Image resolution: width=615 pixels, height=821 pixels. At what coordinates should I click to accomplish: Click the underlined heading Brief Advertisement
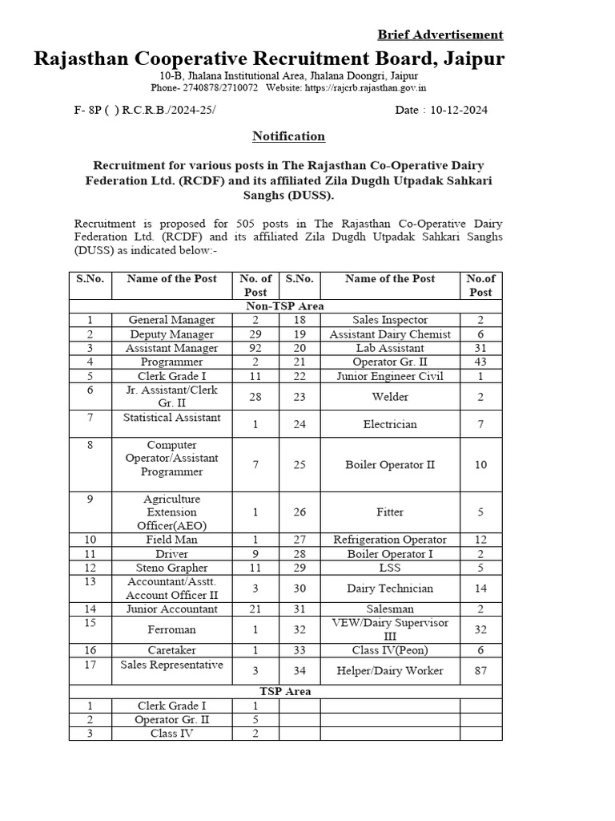tap(440, 34)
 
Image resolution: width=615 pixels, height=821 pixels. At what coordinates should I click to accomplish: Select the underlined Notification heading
tap(288, 136)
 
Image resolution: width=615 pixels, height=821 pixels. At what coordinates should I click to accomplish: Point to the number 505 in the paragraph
tap(248, 224)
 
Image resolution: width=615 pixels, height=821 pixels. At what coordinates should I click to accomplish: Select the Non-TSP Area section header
tap(285, 306)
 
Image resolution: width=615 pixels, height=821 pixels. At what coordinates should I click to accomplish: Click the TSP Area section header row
tap(285, 691)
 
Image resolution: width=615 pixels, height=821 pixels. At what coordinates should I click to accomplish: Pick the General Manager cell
tap(171, 320)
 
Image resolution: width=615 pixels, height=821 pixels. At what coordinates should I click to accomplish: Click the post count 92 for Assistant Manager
tap(255, 348)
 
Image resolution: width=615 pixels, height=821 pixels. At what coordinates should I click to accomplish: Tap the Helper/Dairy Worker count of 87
tap(480, 670)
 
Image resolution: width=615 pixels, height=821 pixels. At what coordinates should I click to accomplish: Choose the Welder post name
tap(390, 396)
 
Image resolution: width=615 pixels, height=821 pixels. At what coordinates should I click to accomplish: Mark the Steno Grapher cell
tap(171, 568)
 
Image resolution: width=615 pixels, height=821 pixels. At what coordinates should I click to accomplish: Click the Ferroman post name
tap(171, 630)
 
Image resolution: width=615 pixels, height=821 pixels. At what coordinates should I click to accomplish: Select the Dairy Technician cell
tap(390, 588)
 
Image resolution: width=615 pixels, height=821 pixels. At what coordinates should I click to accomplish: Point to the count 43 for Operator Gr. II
tap(480, 362)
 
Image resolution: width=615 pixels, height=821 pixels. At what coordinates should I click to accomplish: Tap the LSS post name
tap(390, 568)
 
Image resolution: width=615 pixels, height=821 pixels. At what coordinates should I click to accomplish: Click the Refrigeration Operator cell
tap(390, 540)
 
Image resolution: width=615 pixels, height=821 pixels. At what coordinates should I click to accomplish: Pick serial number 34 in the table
tap(299, 670)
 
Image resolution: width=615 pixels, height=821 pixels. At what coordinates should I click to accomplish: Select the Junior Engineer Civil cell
tap(390, 375)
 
